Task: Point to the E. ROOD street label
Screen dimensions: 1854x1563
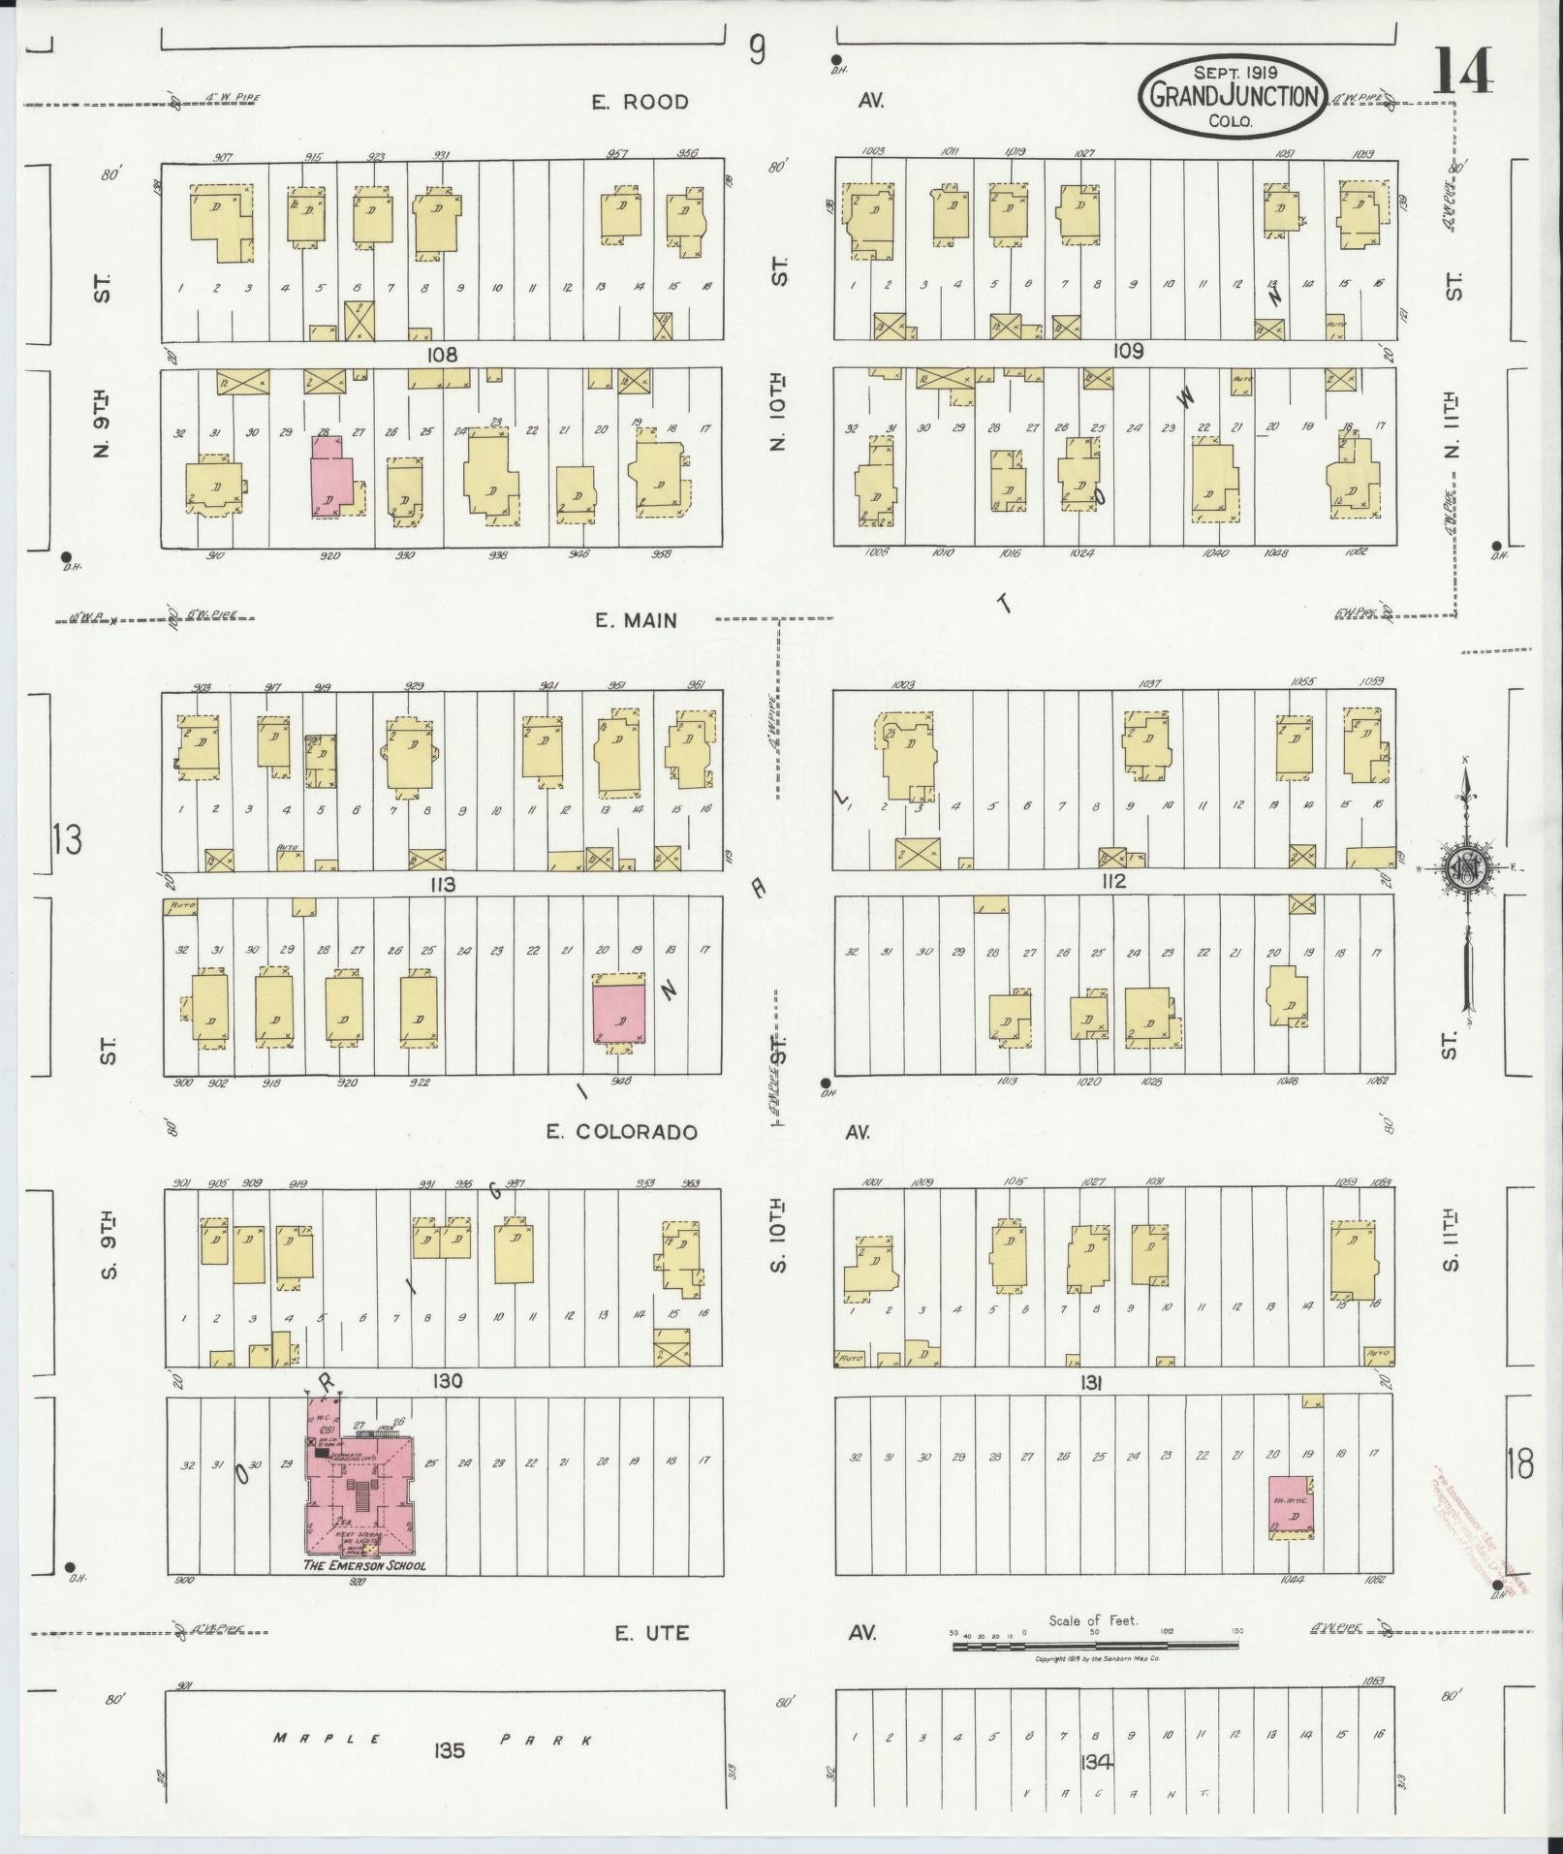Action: (641, 102)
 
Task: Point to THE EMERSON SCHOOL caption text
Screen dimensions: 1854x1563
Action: (363, 1565)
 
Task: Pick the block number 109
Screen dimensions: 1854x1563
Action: (1128, 351)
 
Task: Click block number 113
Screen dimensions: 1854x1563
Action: (443, 884)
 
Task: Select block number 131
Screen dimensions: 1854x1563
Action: (1092, 1385)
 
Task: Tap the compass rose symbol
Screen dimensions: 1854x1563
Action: (1466, 867)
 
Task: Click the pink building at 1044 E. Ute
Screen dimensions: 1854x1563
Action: (1291, 1505)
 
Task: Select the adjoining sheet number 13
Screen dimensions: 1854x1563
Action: (68, 838)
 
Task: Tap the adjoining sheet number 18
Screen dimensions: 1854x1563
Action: (1519, 1465)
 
